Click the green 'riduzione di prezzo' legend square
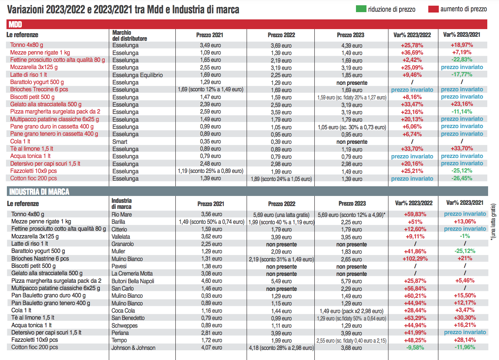(361, 9)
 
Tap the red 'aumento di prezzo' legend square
(433, 9)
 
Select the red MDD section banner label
(15, 24)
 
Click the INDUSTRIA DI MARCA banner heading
(39, 192)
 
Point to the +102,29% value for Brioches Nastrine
(415, 259)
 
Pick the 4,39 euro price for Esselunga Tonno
(352, 46)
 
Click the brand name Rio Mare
(122, 214)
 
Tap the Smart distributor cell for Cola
(120, 142)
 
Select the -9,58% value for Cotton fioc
(415, 347)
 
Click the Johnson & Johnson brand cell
(133, 348)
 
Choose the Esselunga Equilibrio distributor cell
(137, 75)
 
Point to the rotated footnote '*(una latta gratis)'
(493, 222)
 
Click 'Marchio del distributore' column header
(129, 36)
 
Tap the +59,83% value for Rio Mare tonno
(415, 214)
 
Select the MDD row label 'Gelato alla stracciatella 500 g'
(46, 104)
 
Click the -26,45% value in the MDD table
(462, 178)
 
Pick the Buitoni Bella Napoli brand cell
(133, 281)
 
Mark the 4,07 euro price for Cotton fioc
(212, 347)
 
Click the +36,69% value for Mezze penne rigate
(412, 53)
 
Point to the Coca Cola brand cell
(123, 311)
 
